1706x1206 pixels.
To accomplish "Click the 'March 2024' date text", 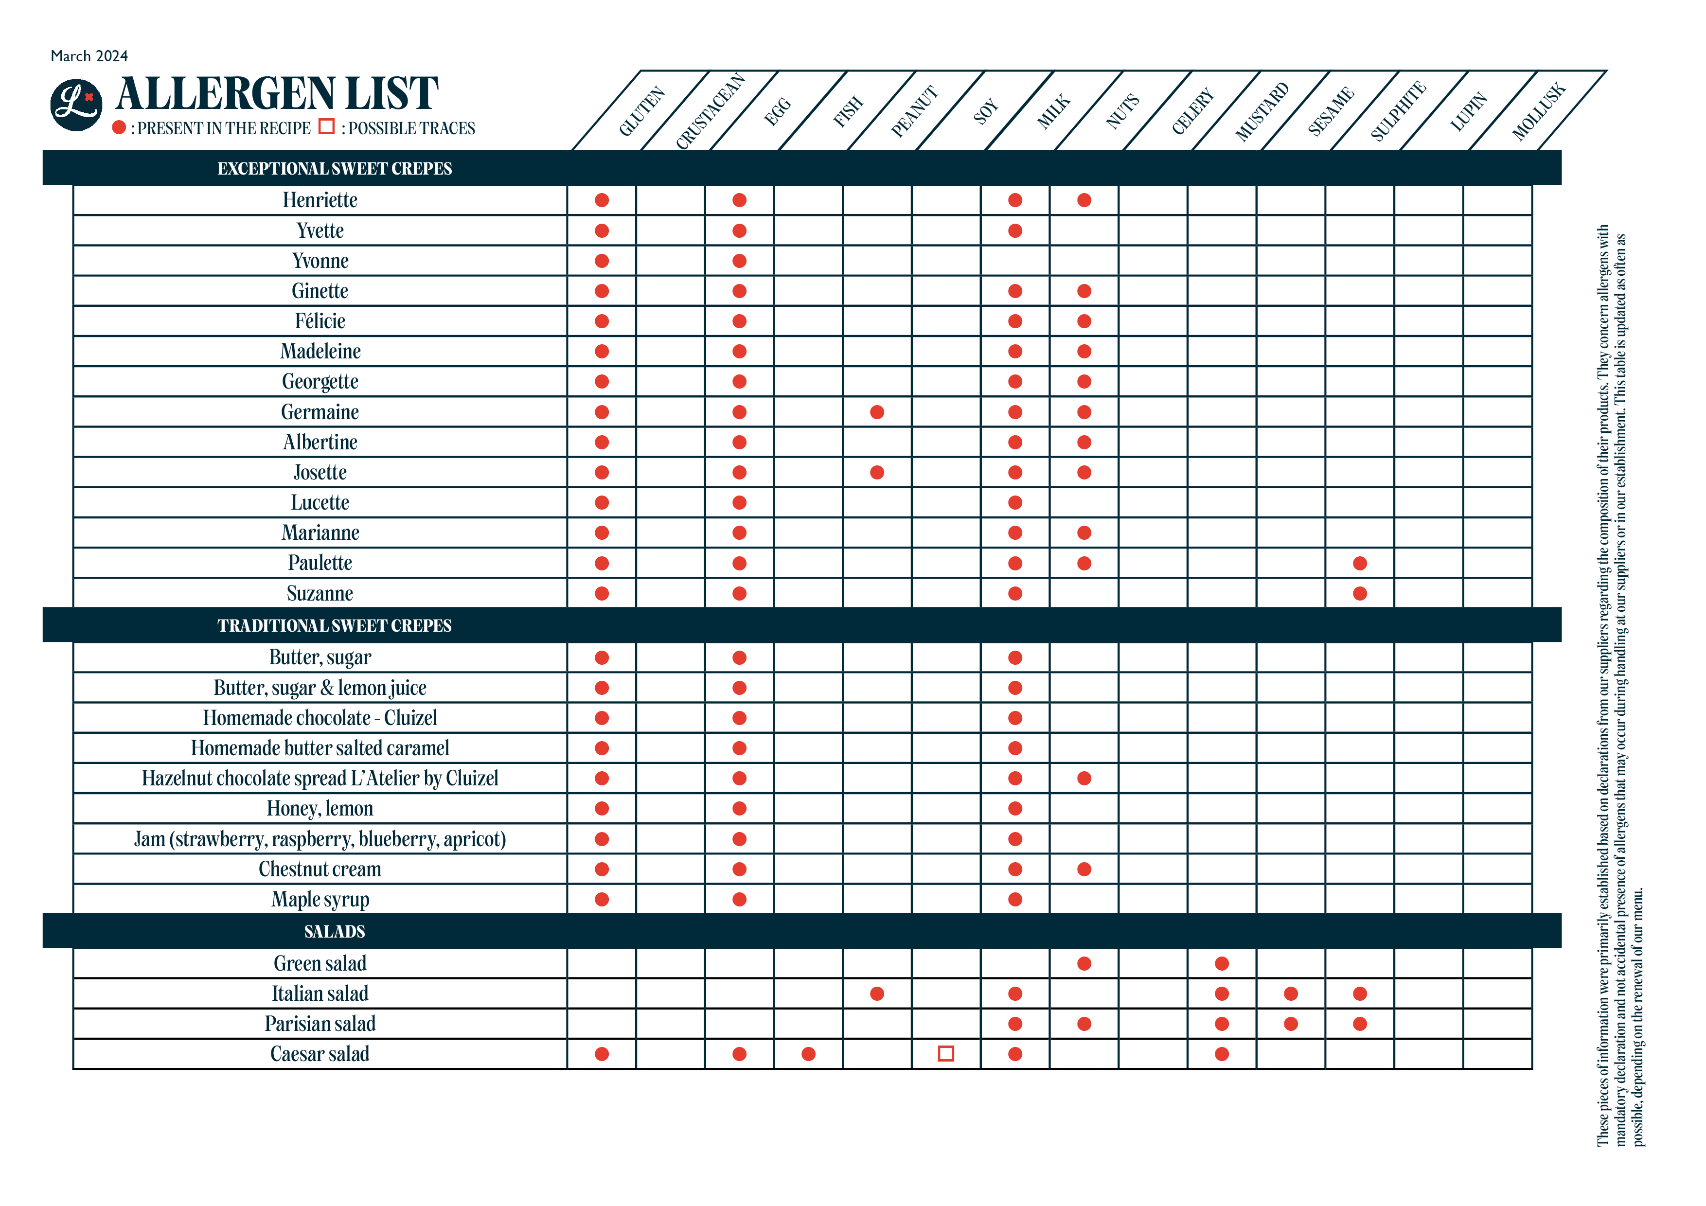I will tap(89, 56).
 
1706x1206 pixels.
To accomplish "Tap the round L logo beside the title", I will tap(76, 105).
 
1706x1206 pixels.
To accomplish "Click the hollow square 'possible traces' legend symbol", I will tap(326, 127).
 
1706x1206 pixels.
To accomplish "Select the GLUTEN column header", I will tap(642, 111).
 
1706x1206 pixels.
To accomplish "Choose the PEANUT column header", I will tap(914, 111).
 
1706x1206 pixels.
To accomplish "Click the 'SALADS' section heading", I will tap(335, 931).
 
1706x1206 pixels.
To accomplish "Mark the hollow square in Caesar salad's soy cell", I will tap(946, 1054).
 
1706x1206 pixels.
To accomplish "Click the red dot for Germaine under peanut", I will tap(877, 412).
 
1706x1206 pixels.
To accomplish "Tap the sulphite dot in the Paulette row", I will tap(1360, 563).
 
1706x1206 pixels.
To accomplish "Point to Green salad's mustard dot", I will tap(1222, 964).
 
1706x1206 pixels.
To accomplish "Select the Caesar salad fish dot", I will tap(808, 1054).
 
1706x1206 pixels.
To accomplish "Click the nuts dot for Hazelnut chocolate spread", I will tap(1084, 778).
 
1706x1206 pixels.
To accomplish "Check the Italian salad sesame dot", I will tap(1291, 993).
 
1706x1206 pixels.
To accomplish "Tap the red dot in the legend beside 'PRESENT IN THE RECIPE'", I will tap(119, 128).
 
